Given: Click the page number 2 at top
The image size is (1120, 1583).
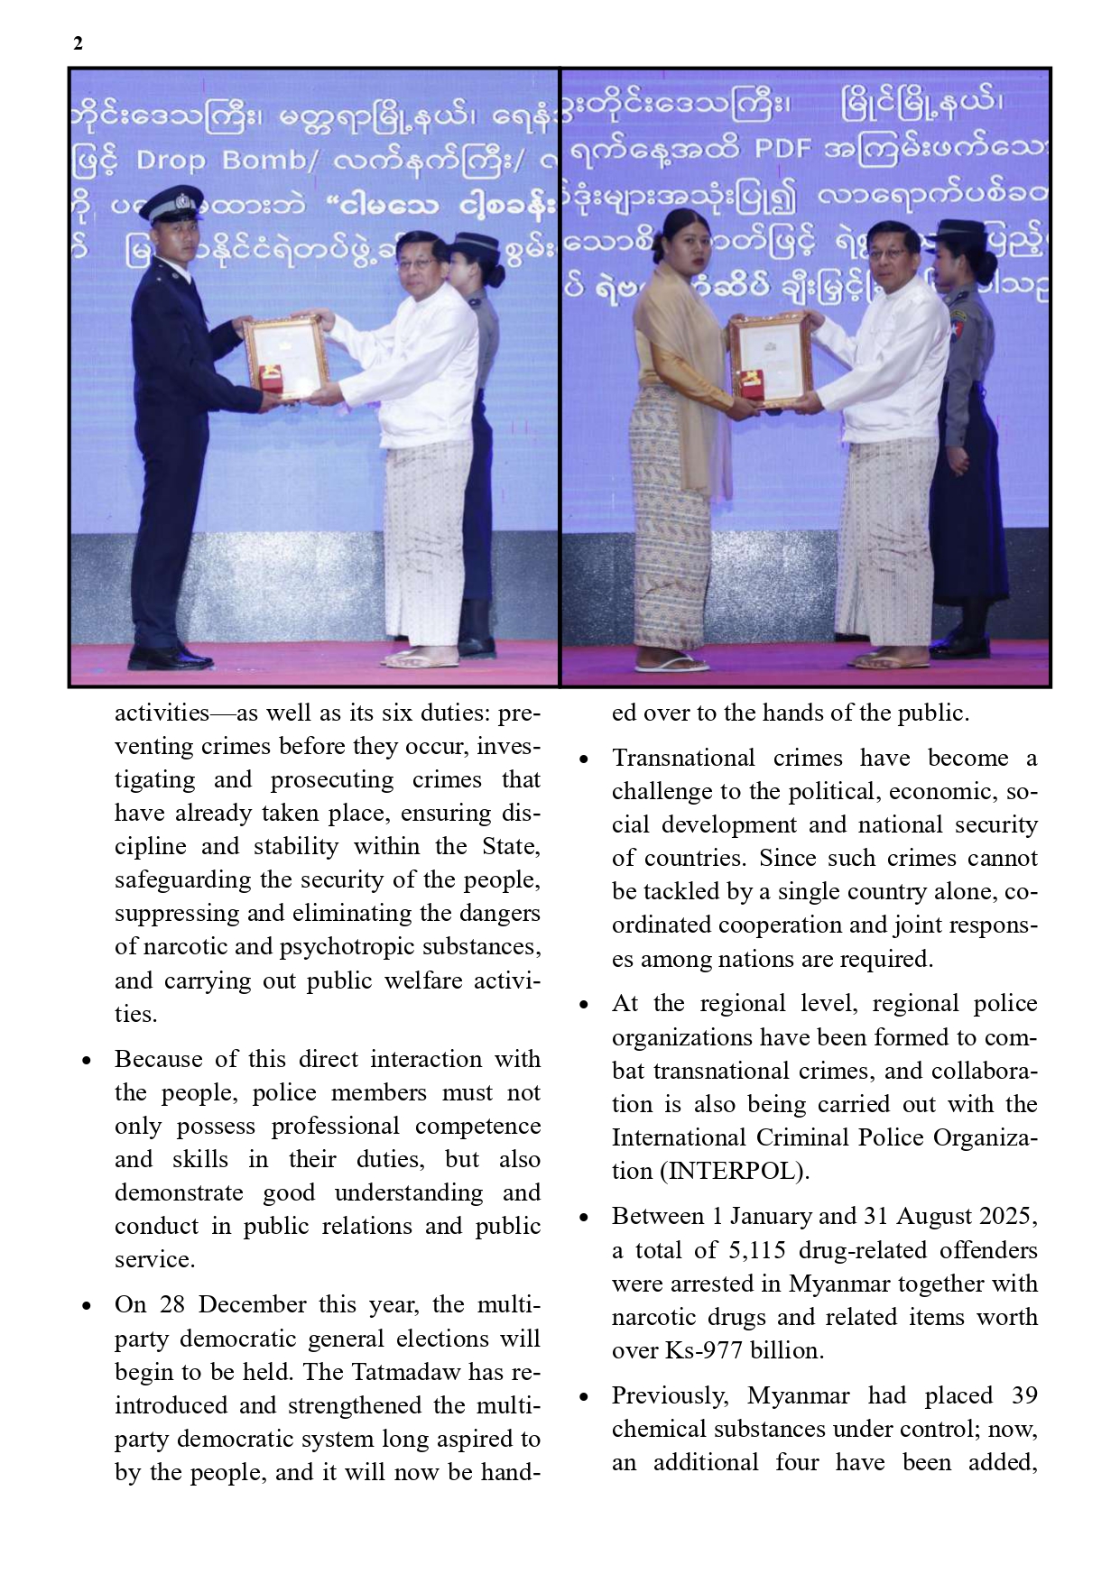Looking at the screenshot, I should (78, 43).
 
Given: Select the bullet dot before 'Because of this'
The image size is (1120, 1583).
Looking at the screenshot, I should (87, 1061).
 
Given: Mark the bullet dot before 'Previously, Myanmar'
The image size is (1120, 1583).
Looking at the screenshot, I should (584, 1397).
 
